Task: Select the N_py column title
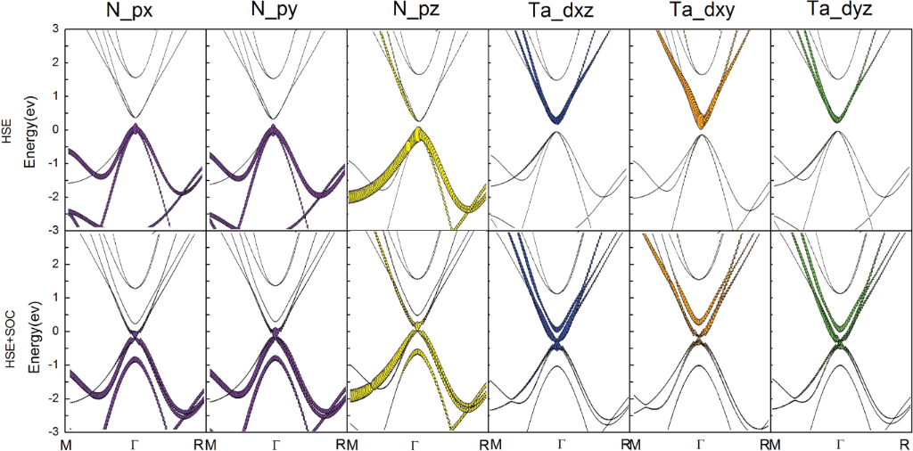pos(274,13)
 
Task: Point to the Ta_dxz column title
pos(558,13)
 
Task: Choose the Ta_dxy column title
pos(700,13)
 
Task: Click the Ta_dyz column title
pos(840,13)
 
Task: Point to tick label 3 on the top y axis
pos(55,29)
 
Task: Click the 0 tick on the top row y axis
pos(55,129)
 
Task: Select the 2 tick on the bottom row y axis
pos(55,264)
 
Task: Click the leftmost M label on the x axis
pos(65,443)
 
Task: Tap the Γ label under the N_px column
pos(135,443)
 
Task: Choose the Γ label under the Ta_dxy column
pos(701,443)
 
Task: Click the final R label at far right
pos(905,443)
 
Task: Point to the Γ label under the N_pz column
pos(416,443)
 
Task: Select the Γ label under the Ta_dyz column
pos(840,443)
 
